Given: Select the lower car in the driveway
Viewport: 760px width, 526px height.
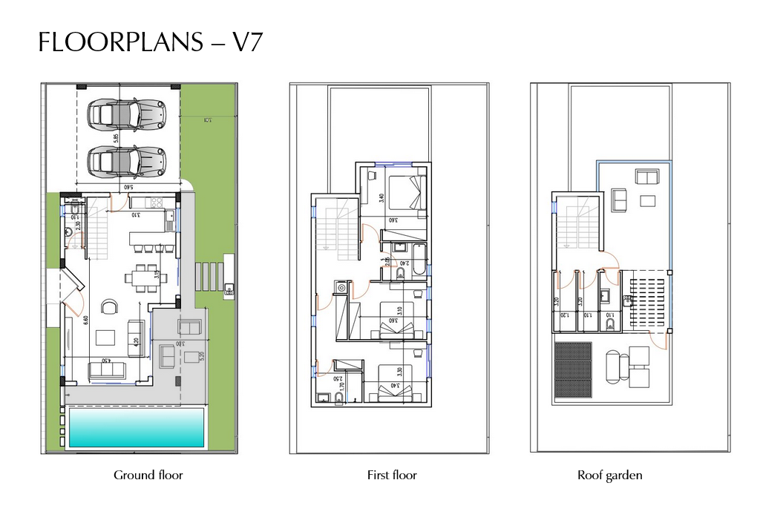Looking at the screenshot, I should click(x=126, y=160).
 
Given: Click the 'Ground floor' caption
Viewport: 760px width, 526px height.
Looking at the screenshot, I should click(x=148, y=475).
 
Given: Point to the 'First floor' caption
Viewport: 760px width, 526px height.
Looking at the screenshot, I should click(x=392, y=475).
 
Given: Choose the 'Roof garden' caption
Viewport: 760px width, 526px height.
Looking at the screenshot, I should click(x=609, y=475).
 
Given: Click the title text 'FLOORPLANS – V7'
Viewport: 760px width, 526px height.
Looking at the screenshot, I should click(x=150, y=43).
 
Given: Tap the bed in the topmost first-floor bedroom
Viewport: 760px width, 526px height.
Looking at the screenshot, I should click(x=405, y=192).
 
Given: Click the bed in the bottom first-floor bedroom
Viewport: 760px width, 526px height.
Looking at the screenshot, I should click(x=396, y=387).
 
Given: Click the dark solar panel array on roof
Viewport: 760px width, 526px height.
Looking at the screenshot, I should click(x=572, y=369).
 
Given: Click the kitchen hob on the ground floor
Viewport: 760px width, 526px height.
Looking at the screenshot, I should click(x=156, y=201).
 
